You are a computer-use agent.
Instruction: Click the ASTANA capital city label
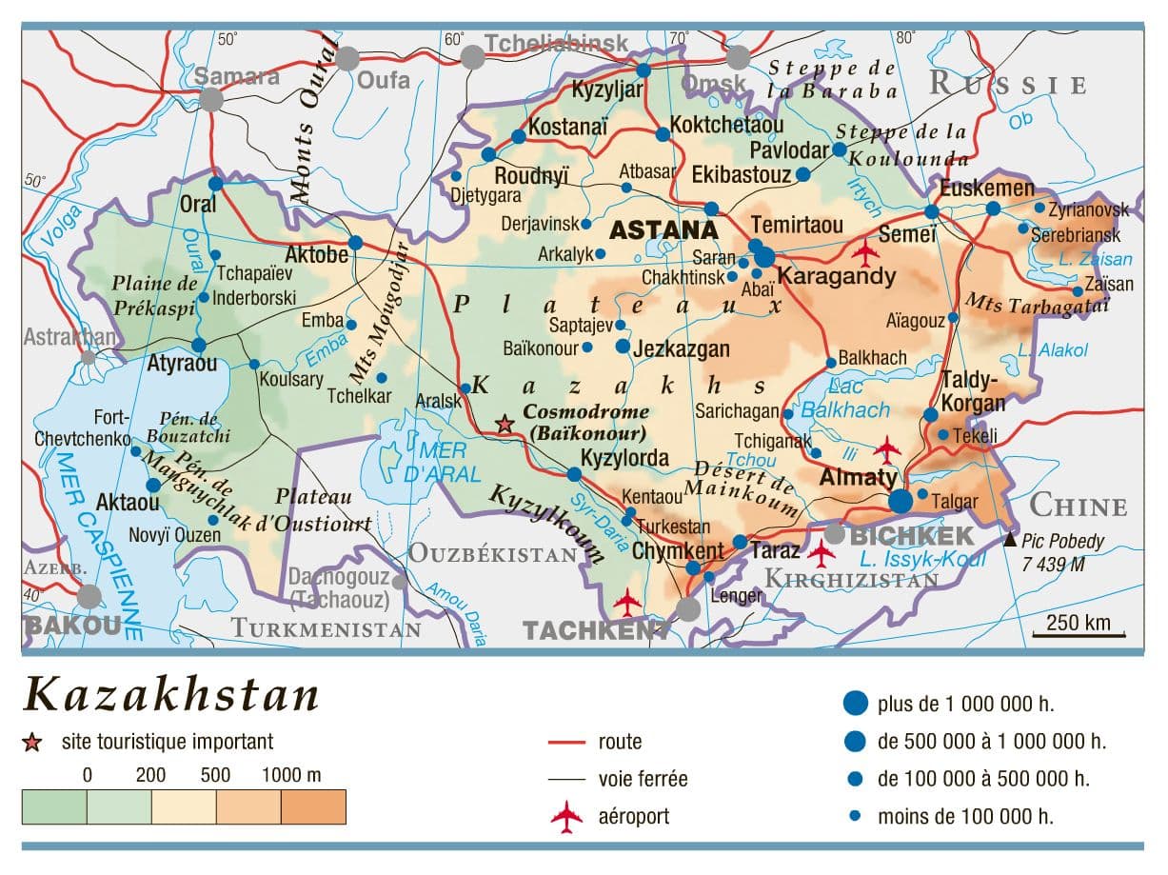[x=663, y=230]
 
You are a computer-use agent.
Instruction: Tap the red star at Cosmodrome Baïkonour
[x=505, y=425]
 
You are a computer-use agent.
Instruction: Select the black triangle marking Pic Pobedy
[x=1009, y=540]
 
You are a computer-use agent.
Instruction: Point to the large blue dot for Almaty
[x=900, y=500]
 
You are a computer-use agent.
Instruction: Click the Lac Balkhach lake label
[x=844, y=399]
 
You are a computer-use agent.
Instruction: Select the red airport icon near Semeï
[x=865, y=253]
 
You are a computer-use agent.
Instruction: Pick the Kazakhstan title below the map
[x=171, y=696]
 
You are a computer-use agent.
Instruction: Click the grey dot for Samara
[x=211, y=99]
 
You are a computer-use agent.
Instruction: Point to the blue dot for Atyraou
[x=199, y=345]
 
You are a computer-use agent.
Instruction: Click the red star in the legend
[x=33, y=742]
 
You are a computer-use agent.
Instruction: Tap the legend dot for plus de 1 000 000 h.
[x=856, y=704]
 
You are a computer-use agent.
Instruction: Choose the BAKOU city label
[x=73, y=626]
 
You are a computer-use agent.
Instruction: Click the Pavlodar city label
[x=789, y=150]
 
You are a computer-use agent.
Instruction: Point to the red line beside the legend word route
[x=566, y=742]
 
